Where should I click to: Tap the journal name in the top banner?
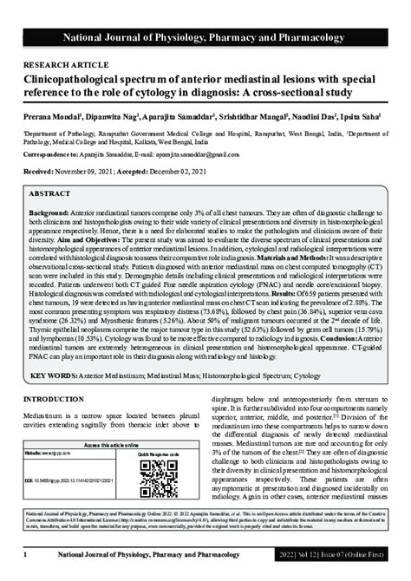tap(205, 37)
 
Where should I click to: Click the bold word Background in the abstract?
tap(49, 212)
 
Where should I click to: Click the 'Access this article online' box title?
tap(102, 443)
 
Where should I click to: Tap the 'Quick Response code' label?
tap(153, 453)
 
